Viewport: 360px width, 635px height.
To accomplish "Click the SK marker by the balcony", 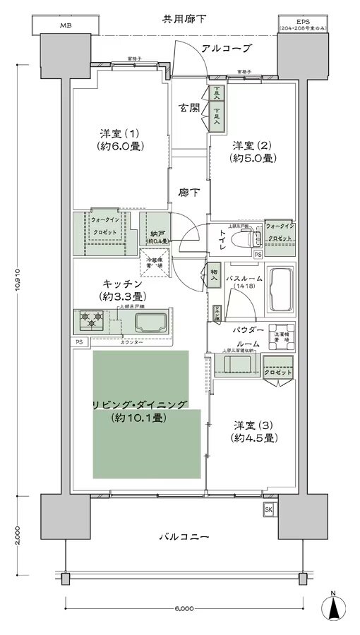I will tap(269, 509).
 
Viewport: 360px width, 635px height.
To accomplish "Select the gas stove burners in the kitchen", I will tap(91, 322).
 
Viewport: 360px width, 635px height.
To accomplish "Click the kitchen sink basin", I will tap(151, 324).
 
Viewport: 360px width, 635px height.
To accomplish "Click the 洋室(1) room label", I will tap(119, 139).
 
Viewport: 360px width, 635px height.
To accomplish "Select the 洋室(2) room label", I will tap(253, 152).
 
